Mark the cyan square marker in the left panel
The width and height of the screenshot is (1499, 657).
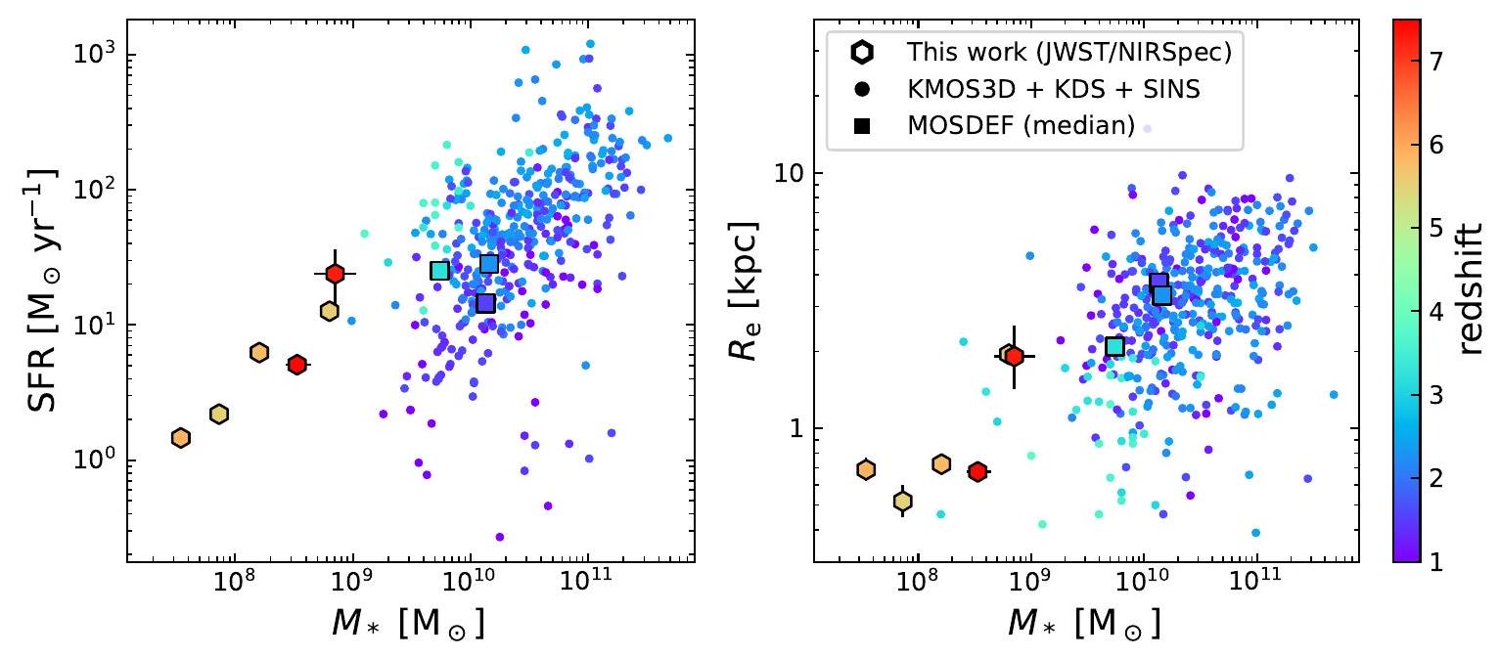pos(439,271)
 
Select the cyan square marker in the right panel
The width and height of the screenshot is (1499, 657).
pos(1114,346)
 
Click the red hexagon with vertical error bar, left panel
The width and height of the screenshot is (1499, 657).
pos(336,274)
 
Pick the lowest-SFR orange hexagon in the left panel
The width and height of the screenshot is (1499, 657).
pos(180,437)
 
